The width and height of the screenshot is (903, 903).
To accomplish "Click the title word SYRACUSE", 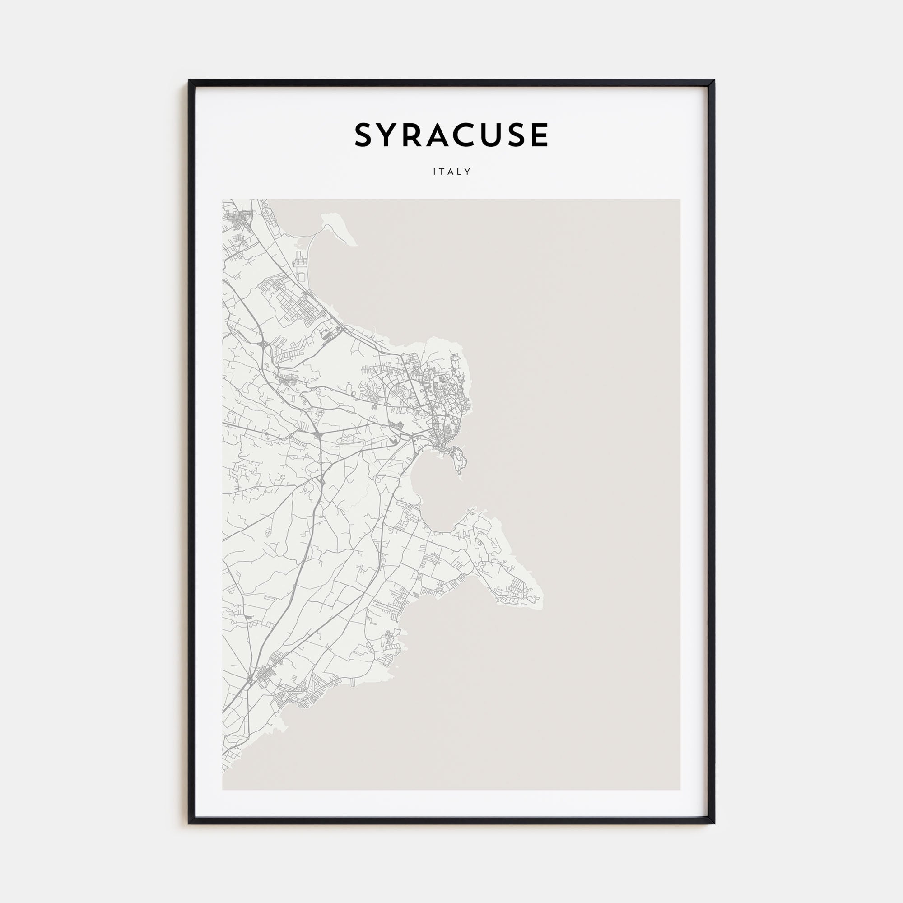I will [451, 135].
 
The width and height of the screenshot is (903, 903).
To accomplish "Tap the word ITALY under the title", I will [451, 172].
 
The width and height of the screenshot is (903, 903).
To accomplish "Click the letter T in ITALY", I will [442, 172].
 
